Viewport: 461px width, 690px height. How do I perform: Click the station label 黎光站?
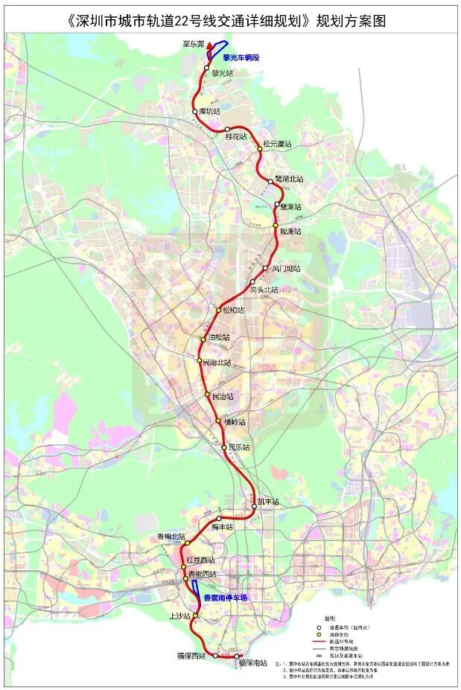(223, 74)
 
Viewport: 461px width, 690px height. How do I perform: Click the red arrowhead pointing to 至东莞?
(210, 46)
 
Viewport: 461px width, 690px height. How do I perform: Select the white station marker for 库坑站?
(195, 112)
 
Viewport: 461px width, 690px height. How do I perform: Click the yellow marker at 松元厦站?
(260, 149)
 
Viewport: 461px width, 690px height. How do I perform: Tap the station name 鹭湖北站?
(290, 179)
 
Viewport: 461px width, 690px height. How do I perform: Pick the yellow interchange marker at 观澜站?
(275, 225)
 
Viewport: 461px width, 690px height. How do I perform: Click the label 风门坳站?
(285, 269)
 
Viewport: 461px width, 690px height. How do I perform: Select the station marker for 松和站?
(217, 310)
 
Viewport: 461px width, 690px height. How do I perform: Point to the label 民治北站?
(217, 362)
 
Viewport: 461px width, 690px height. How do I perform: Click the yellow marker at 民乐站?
(224, 447)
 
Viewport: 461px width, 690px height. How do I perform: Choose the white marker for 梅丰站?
(219, 518)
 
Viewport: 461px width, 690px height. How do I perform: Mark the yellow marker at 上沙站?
(197, 616)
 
